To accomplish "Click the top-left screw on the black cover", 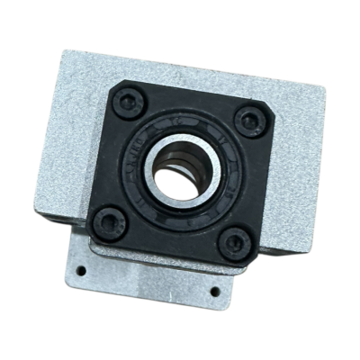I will (x=129, y=101).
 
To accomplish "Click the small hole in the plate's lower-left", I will (x=81, y=269).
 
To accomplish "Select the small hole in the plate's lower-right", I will (x=213, y=291).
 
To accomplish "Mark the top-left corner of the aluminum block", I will (x=62, y=50).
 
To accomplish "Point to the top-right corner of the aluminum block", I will (x=321, y=89).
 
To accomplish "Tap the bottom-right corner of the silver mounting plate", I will (x=226, y=306).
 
